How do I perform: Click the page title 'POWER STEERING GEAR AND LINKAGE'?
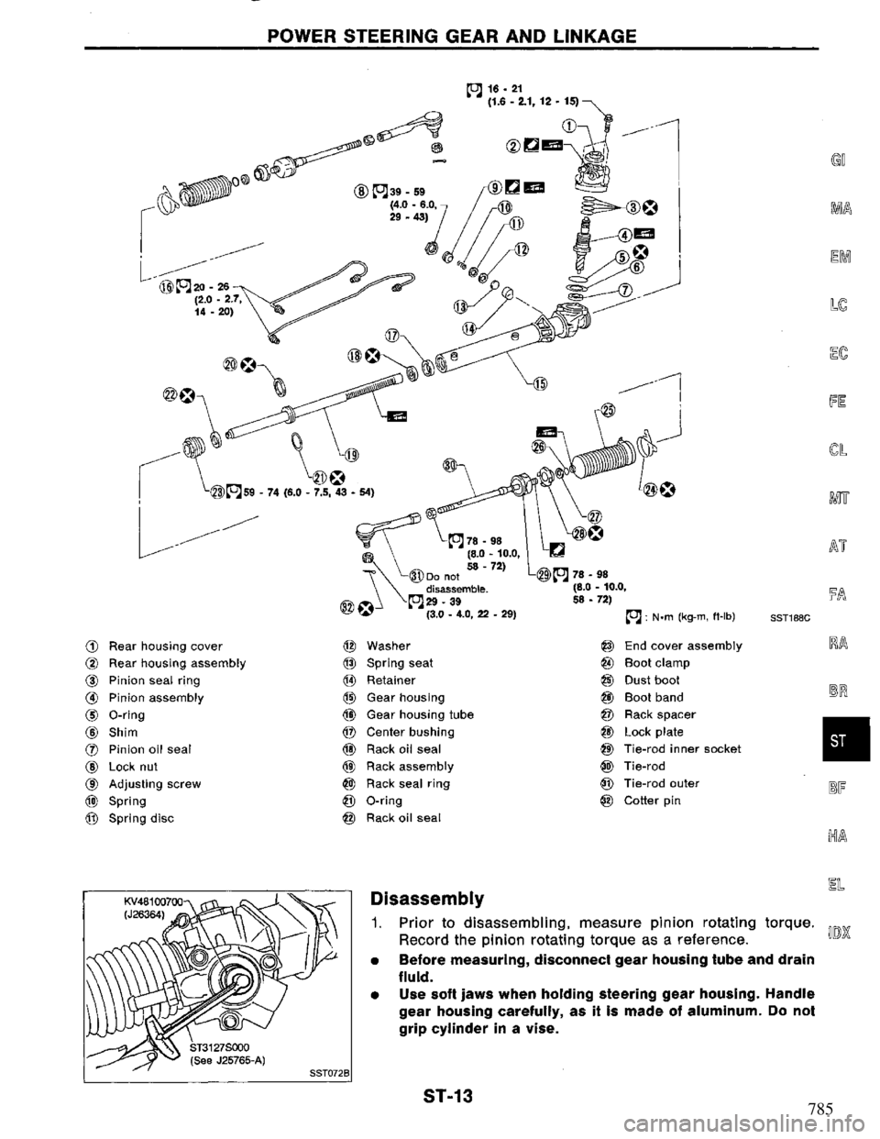click(x=440, y=37)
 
